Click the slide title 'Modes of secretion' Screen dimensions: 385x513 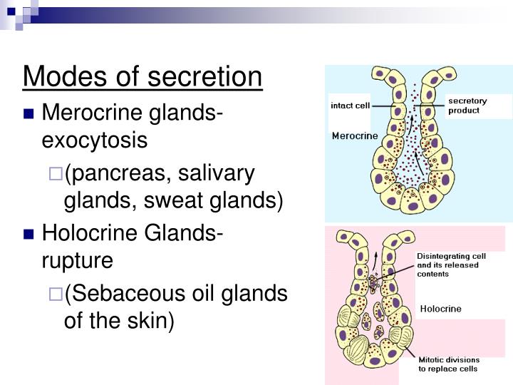[x=142, y=77]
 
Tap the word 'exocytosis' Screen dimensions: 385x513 [x=95, y=140]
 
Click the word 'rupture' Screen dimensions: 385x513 [x=78, y=260]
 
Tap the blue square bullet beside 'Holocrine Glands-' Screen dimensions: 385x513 [x=29, y=234]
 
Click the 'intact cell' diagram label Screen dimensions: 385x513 [x=350, y=106]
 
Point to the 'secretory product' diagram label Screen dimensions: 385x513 [x=467, y=106]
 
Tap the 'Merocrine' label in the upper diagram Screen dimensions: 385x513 [x=355, y=136]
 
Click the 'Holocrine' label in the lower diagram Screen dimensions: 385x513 [x=440, y=309]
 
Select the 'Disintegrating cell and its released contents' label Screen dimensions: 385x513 [x=447, y=265]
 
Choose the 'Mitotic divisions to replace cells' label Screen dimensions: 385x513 [x=449, y=364]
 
